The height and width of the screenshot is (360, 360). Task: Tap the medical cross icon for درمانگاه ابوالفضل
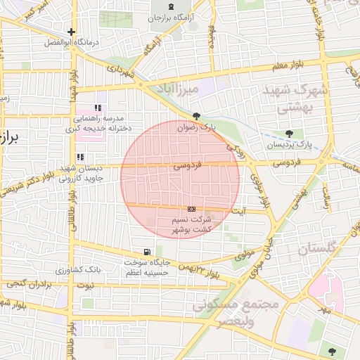(x=71, y=32)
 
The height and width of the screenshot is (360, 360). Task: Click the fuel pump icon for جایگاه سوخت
(x=146, y=252)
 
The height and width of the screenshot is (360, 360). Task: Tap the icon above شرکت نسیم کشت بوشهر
(x=191, y=209)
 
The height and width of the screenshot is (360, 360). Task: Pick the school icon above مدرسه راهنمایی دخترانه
(x=98, y=108)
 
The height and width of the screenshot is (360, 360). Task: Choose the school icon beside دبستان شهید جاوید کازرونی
(x=80, y=157)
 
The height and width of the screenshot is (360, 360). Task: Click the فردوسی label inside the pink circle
(x=187, y=167)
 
